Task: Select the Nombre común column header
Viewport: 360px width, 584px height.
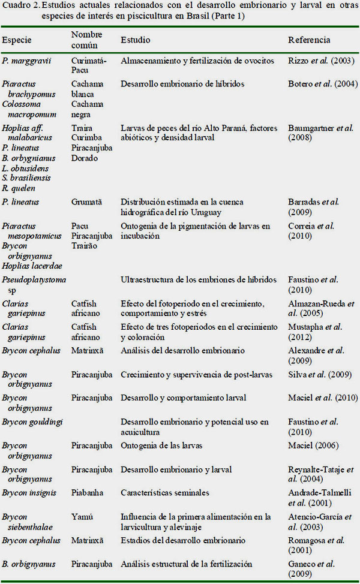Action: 86,40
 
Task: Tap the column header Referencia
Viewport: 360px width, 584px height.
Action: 309,40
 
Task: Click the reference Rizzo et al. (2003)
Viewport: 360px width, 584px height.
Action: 321,61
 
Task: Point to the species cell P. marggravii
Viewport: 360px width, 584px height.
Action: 25,61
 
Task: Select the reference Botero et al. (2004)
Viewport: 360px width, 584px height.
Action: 323,84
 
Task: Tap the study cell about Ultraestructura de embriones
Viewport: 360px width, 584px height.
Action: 198,280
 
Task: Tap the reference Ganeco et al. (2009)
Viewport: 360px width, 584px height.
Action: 311,569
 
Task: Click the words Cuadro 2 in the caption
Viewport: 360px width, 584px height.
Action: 19,6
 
